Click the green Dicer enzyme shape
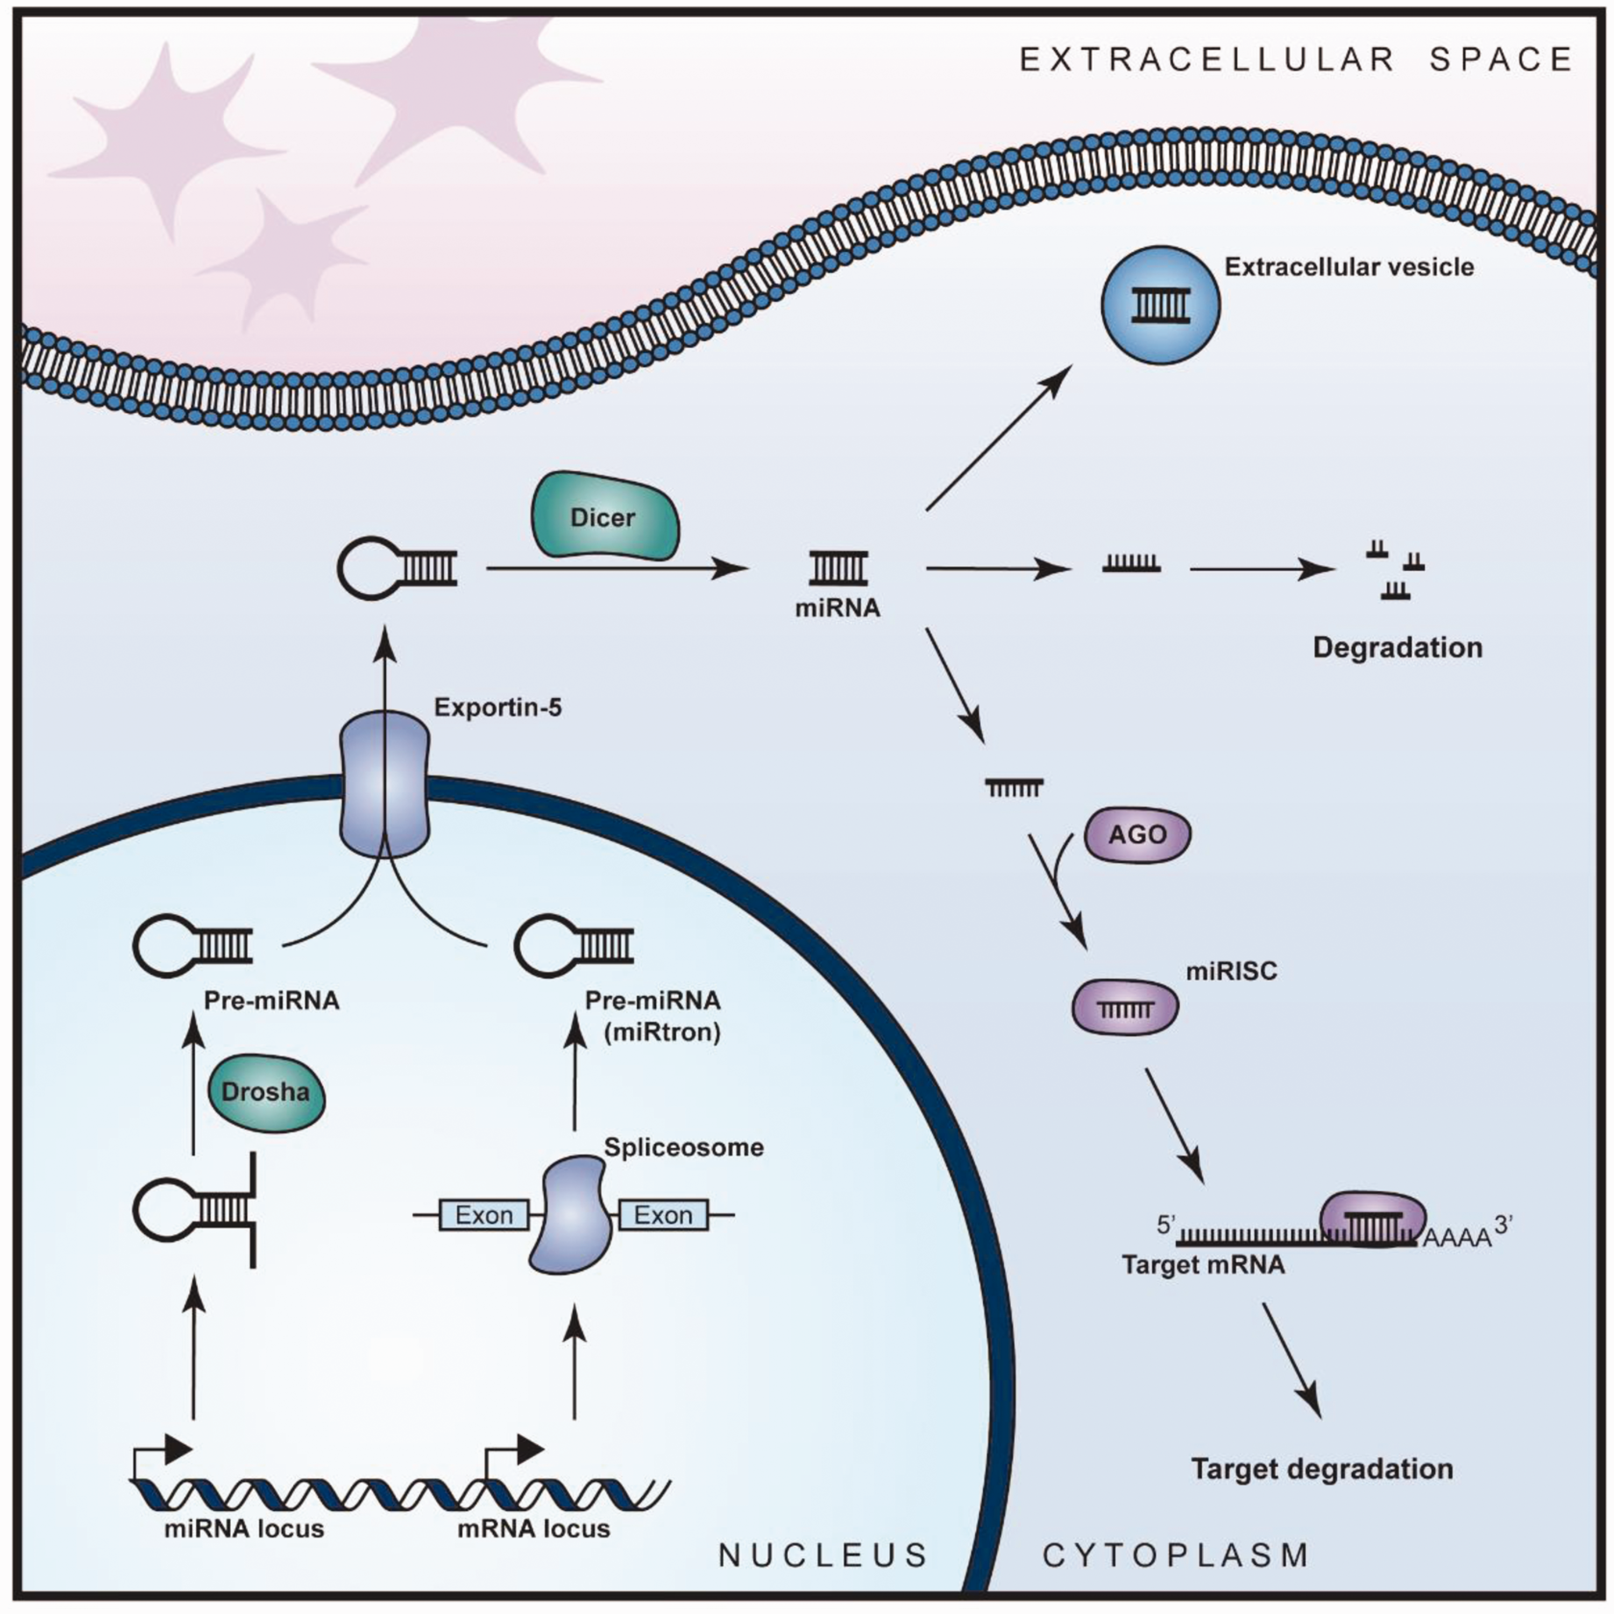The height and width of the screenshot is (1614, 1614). [605, 516]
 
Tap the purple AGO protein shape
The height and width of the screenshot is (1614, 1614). [1137, 834]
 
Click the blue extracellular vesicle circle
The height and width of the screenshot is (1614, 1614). [1160, 305]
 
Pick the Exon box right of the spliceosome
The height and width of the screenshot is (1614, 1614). [663, 1215]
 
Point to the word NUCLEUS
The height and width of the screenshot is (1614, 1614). [824, 1555]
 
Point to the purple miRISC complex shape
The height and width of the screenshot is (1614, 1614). [1124, 1007]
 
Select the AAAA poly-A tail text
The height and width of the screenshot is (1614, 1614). [1457, 1238]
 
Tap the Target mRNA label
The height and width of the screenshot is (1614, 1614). [1203, 1265]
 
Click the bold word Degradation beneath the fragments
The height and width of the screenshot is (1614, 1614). [1398, 647]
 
